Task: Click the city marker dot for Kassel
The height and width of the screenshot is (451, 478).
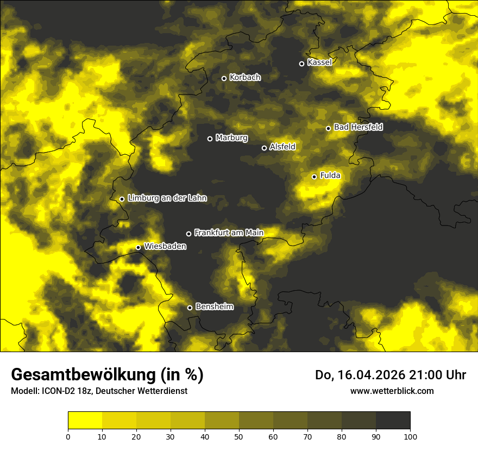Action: pyautogui.click(x=301, y=64)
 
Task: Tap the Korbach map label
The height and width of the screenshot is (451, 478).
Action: pyautogui.click(x=245, y=78)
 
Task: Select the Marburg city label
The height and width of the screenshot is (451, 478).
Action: pyautogui.click(x=231, y=138)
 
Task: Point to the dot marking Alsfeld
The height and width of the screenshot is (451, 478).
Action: pyautogui.click(x=264, y=148)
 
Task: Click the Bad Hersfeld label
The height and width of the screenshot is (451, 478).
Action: pyautogui.click(x=358, y=127)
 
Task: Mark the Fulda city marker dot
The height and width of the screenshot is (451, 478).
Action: pyautogui.click(x=314, y=177)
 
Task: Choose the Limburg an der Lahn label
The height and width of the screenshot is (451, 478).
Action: pyautogui.click(x=167, y=198)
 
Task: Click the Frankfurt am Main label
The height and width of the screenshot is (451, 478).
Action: pyautogui.click(x=229, y=233)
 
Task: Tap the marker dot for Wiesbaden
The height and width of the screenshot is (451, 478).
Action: pyautogui.click(x=138, y=248)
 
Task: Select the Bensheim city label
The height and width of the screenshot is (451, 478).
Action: pyautogui.click(x=214, y=307)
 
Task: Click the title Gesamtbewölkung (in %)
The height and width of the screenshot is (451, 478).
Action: pyautogui.click(x=107, y=375)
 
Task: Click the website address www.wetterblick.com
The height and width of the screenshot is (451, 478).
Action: pyautogui.click(x=392, y=391)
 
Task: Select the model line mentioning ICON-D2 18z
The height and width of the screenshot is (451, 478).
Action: pyautogui.click(x=99, y=391)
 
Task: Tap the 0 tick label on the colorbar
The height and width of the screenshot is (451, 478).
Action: pyautogui.click(x=68, y=436)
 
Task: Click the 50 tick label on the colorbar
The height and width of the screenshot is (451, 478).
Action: pyautogui.click(x=239, y=436)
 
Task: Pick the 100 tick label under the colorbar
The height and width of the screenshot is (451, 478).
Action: pyautogui.click(x=410, y=436)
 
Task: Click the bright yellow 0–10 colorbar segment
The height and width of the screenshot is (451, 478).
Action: pyautogui.click(x=85, y=421)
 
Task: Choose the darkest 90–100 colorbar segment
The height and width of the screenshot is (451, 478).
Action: pyautogui.click(x=393, y=421)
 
